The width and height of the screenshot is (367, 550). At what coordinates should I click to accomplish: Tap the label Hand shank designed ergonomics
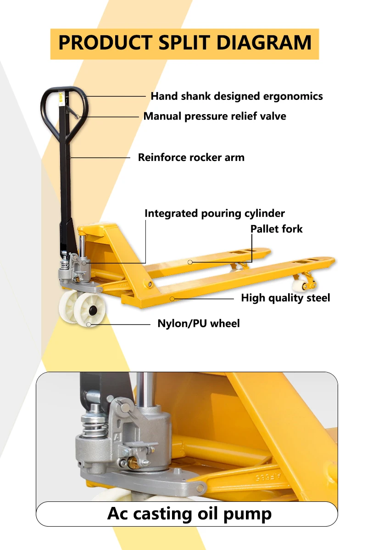coord(237,96)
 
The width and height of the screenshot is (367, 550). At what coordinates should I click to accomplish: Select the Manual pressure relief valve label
coord(215,116)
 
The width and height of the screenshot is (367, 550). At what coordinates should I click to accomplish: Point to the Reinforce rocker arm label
coord(191,158)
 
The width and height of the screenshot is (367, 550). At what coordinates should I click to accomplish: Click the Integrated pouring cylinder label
coord(215,214)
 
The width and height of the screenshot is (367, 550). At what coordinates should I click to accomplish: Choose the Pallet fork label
coord(277,229)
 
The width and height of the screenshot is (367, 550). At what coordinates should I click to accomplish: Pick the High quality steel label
coord(285,298)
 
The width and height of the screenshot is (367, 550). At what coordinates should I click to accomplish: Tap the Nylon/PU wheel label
coord(199,324)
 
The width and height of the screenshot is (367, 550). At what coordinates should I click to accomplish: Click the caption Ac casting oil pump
coord(189,513)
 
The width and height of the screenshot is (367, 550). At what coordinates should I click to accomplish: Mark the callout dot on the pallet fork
coord(190,262)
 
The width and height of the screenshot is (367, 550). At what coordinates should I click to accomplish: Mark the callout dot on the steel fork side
coord(172,298)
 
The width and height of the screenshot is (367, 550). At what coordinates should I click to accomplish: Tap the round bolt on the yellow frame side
coord(150,285)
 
